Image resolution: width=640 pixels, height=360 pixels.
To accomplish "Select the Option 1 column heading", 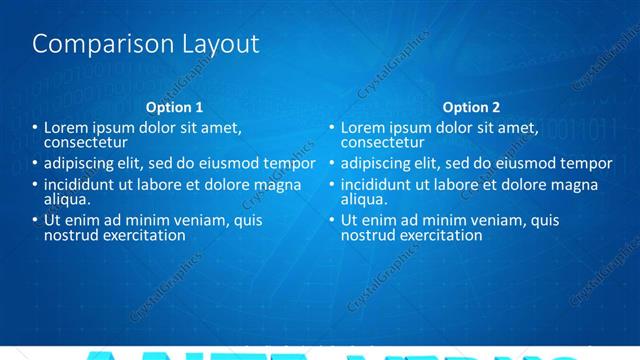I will click(174, 107).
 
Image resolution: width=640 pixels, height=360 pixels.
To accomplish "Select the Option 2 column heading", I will click(472, 107).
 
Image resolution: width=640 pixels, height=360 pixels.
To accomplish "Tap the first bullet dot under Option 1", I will click(34, 128).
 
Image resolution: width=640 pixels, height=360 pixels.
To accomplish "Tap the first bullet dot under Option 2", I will click(332, 128).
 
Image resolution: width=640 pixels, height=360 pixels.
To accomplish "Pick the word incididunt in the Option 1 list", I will click(81, 185).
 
